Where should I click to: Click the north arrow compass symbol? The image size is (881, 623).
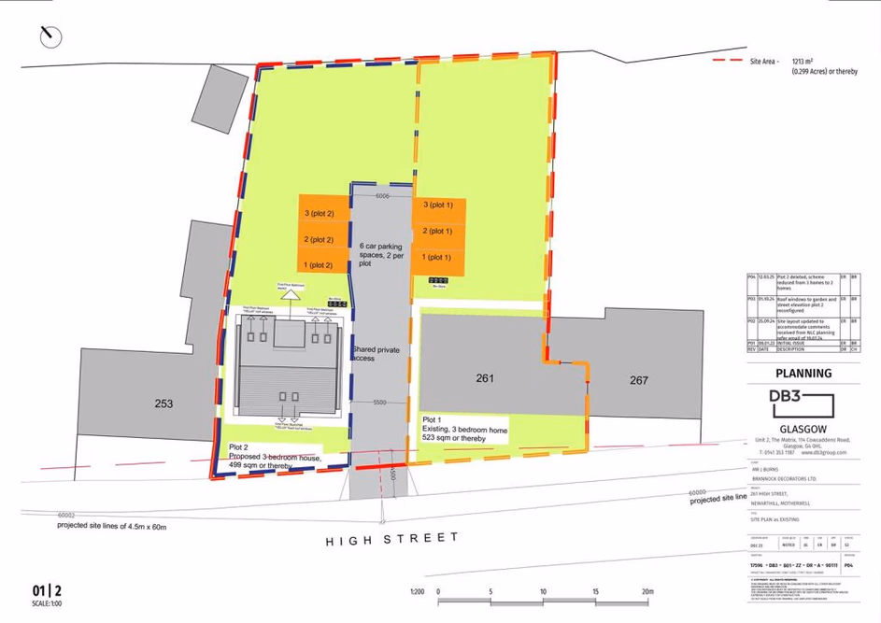tap(50, 36)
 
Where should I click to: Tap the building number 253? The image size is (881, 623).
tap(163, 404)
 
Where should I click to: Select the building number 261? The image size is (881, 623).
tap(484, 378)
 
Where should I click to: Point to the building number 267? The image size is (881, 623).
tap(639, 380)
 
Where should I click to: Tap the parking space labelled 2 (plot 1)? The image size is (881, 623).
tap(438, 231)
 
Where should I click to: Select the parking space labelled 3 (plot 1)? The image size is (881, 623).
tap(438, 205)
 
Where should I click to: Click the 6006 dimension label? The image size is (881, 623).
tap(382, 197)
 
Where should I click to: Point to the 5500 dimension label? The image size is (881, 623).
tap(380, 403)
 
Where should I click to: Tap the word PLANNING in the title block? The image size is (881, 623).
tap(803, 374)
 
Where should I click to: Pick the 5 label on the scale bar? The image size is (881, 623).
tap(490, 592)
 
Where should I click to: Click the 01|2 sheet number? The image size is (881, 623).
tap(47, 590)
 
